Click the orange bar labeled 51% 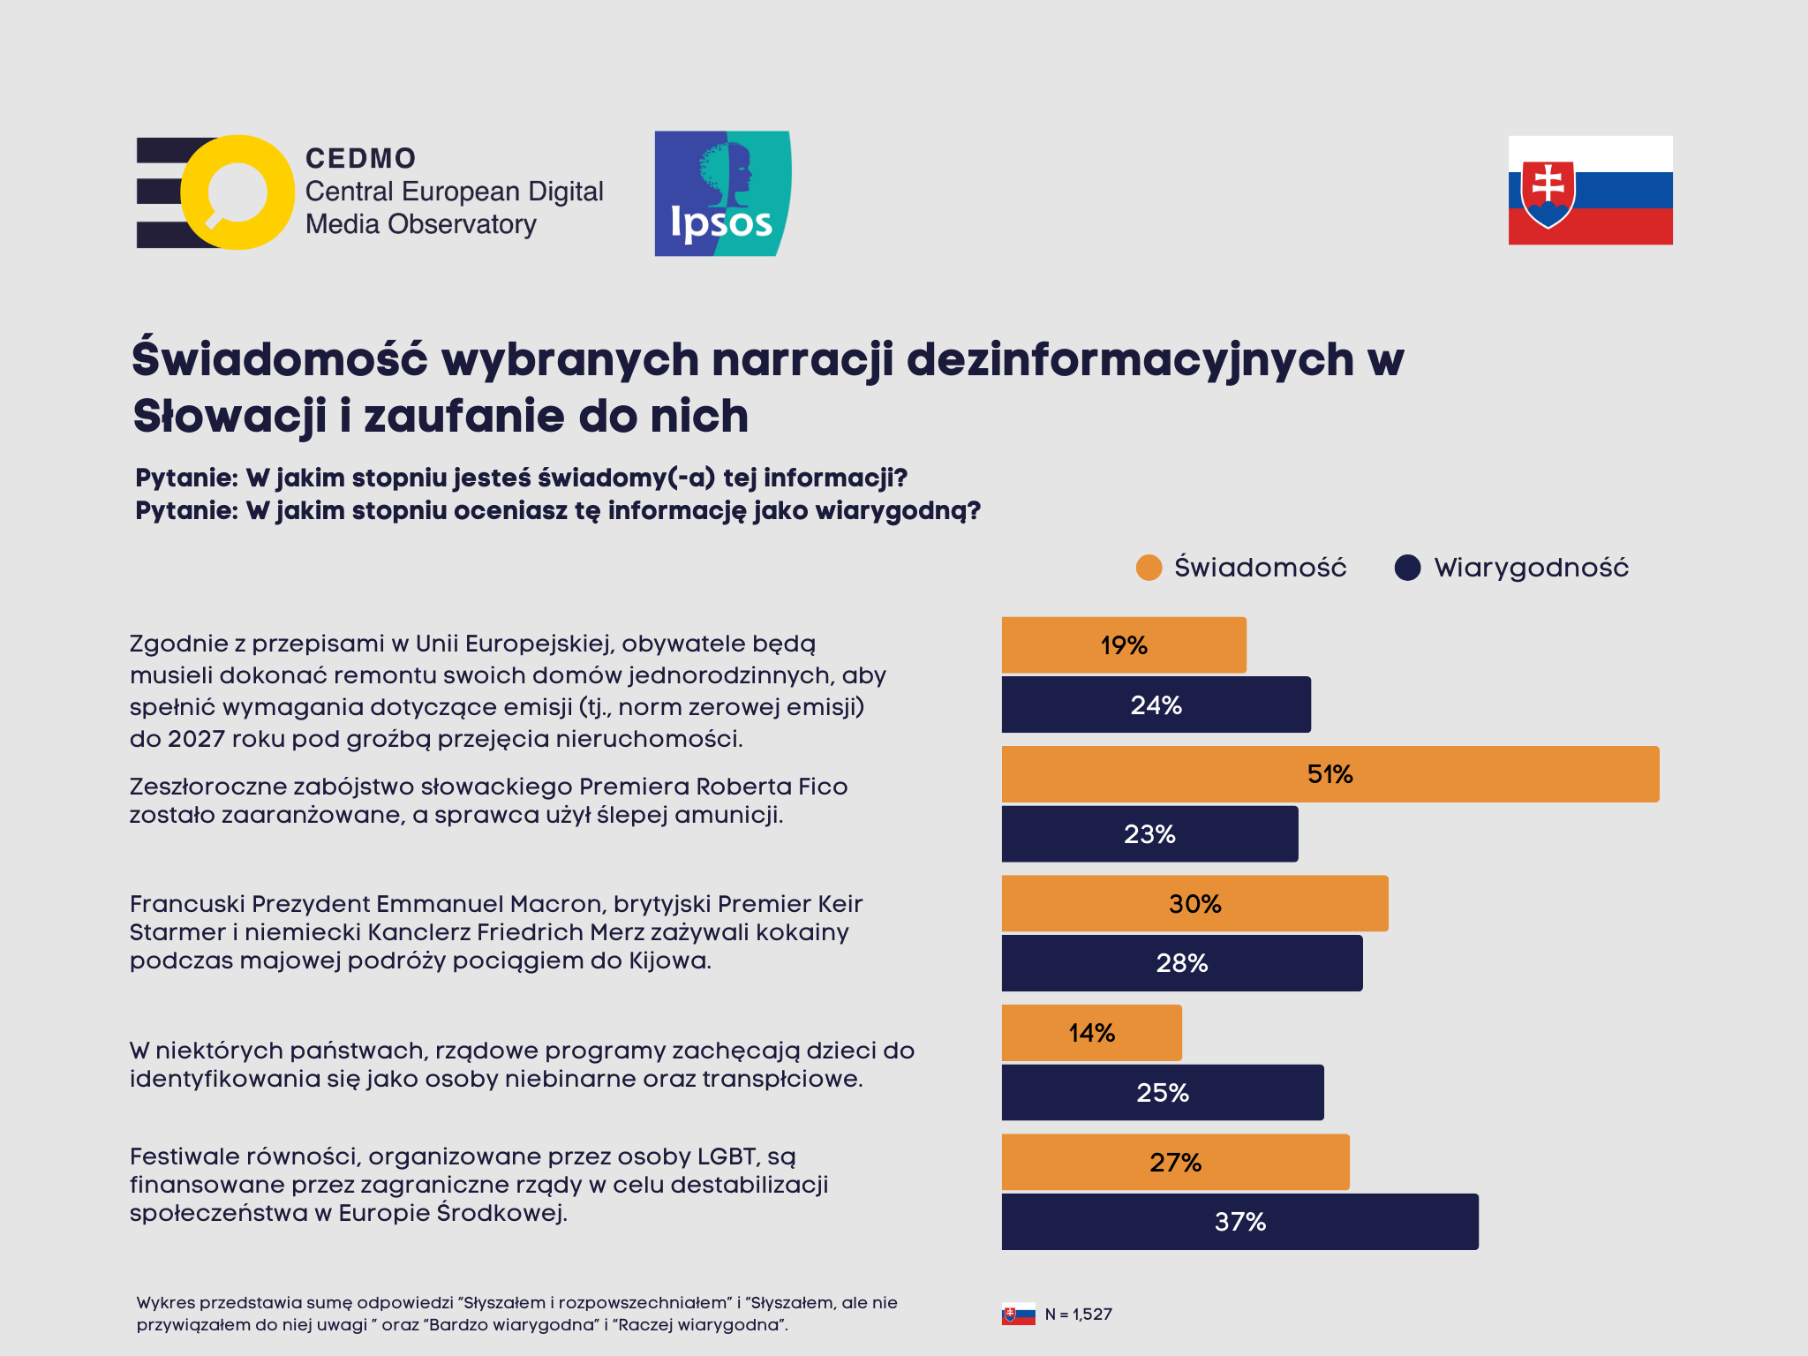(1330, 774)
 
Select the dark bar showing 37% (1239, 1222)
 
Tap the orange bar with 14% (1091, 1033)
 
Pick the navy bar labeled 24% (1156, 704)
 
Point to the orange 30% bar (1194, 903)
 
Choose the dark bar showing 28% (1181, 963)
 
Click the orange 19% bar (1123, 645)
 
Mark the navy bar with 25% (1162, 1093)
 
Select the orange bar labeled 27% (1175, 1162)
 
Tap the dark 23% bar (1149, 834)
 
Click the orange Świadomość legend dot (1149, 568)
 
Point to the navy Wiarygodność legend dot (1407, 568)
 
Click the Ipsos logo (722, 194)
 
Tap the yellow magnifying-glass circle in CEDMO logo (237, 192)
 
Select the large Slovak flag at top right (1590, 190)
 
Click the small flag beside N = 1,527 (1018, 1315)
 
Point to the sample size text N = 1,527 (1078, 1315)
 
